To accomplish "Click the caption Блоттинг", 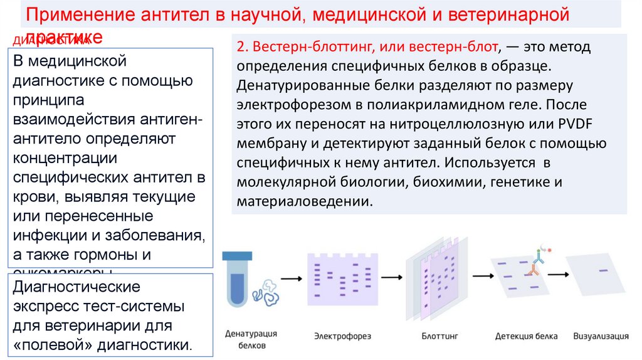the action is click(x=436, y=337).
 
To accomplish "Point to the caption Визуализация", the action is click(x=601, y=336).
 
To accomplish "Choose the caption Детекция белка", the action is click(x=526, y=337).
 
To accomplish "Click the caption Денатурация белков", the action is click(x=251, y=339).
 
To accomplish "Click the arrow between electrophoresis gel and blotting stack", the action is click(x=392, y=276).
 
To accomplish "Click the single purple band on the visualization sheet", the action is click(x=603, y=270).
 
